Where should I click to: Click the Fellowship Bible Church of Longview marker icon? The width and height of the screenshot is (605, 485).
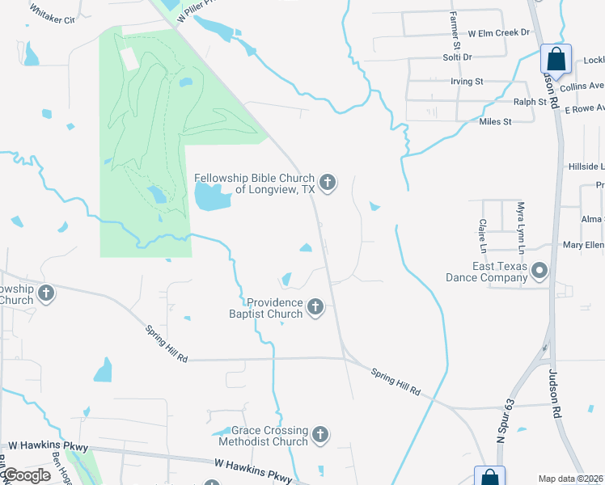point(328,183)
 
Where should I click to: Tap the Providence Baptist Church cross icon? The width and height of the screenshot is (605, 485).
point(315,307)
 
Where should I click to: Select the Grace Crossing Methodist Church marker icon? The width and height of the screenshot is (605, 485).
point(321,436)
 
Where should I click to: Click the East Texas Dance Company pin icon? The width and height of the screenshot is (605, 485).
point(539,272)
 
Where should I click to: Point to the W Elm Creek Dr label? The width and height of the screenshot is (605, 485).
point(498,33)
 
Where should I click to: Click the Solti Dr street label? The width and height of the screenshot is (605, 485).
point(456,57)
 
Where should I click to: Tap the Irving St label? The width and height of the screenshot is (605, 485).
point(466,82)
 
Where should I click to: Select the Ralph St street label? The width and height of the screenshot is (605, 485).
point(530,102)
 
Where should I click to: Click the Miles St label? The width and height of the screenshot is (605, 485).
point(495,122)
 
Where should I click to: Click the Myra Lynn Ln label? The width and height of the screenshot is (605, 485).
point(521,225)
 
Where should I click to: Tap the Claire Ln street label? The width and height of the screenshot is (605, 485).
point(482,233)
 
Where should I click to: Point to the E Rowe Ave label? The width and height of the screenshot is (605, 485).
point(584,108)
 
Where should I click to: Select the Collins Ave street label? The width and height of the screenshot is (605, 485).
point(582,86)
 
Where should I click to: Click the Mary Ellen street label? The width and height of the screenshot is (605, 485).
point(583,245)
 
